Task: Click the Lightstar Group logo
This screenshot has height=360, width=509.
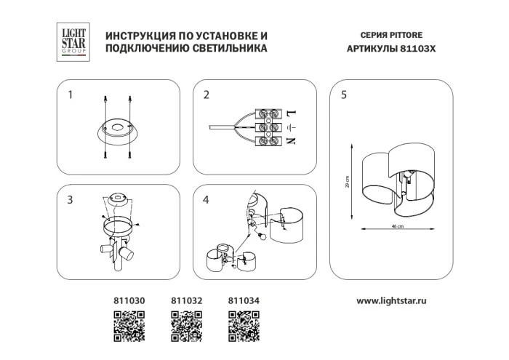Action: point(73,41)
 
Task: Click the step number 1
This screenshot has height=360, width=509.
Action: point(71,95)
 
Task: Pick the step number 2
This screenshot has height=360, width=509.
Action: point(207,95)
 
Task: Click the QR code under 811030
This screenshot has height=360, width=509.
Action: point(128,324)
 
